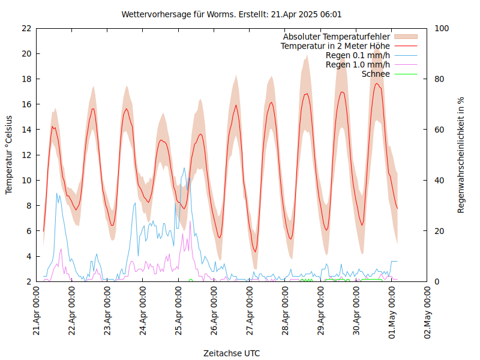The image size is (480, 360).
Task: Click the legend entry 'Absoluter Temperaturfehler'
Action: coord(337,37)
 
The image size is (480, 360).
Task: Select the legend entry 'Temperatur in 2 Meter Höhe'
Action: coord(335,46)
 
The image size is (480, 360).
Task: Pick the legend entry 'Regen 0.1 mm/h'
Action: coord(358,55)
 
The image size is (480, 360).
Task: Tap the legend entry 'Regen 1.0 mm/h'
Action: coord(358,64)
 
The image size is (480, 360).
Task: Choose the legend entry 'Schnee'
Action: coord(376,74)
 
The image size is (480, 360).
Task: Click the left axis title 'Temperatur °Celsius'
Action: coord(9,154)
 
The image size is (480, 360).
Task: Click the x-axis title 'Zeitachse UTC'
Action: coord(232,353)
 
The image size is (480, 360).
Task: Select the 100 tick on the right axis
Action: coord(441,28)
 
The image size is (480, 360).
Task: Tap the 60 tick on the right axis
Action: coord(439,130)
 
